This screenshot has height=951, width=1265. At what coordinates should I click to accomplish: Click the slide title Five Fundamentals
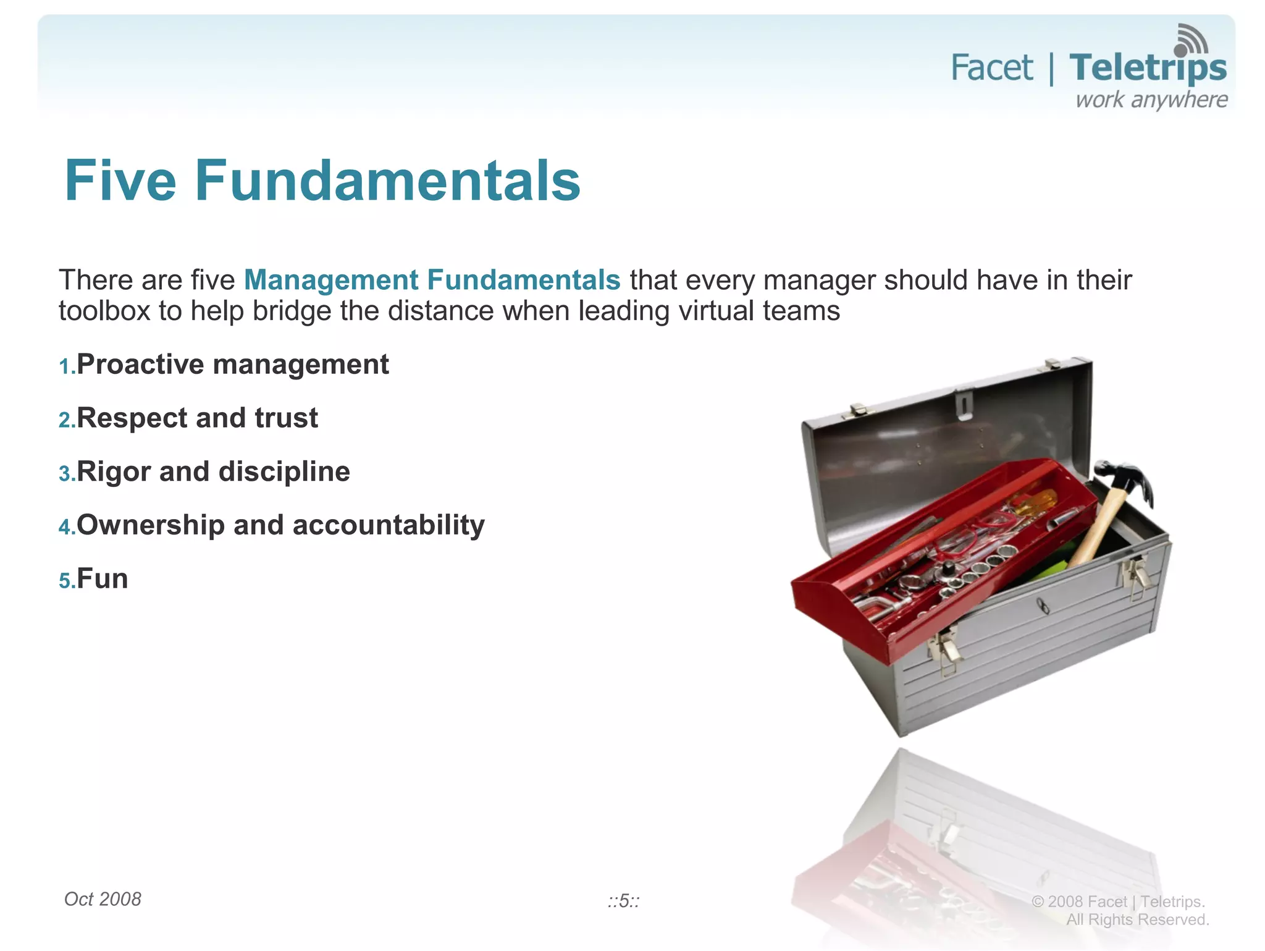(x=322, y=180)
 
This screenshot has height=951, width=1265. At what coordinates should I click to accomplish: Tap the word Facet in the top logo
(x=991, y=68)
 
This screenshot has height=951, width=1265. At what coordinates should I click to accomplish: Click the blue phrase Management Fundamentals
(x=432, y=280)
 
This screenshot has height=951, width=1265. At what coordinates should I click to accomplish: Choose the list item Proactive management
(x=232, y=365)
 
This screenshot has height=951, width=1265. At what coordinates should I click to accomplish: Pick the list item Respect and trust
(x=197, y=418)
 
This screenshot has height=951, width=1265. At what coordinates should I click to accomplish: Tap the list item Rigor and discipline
(x=213, y=472)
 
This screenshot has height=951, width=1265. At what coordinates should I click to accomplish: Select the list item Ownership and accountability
(x=280, y=525)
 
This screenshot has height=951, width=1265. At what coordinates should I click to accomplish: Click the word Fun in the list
(x=103, y=579)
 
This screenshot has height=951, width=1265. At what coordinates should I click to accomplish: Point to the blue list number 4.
(x=65, y=527)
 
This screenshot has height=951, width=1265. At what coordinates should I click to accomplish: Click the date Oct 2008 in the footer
(x=103, y=899)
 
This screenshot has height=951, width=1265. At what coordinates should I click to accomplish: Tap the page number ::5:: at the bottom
(x=623, y=901)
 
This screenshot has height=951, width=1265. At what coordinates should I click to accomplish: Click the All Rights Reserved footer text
(x=1137, y=919)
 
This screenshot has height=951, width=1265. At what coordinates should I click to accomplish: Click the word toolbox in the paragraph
(x=104, y=311)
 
